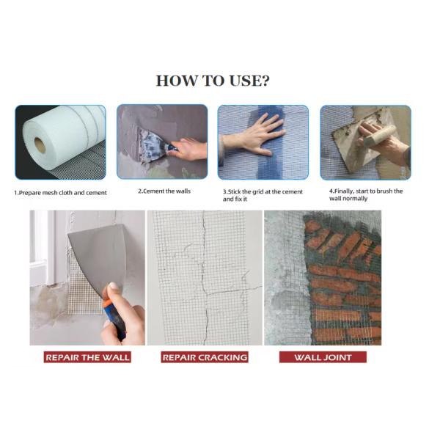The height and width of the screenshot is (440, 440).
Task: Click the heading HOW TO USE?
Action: [x=213, y=81]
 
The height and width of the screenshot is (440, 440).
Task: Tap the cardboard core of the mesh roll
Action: [x=40, y=145]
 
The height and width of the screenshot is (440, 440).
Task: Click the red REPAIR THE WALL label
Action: [x=87, y=357]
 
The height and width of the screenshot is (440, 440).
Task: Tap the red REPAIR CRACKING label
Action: [x=205, y=357]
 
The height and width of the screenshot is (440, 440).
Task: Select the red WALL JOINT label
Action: [x=323, y=357]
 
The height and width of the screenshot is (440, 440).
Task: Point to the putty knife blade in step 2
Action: [x=151, y=144]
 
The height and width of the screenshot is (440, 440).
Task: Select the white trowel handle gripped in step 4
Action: [x=379, y=135]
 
